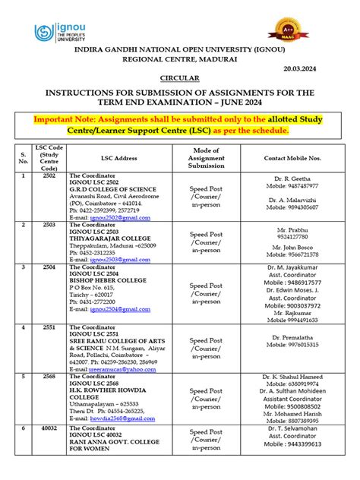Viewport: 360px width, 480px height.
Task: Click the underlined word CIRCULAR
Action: tap(180, 78)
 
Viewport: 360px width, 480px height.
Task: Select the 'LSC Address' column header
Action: tap(115, 159)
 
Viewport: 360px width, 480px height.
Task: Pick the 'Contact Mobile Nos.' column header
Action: tap(293, 159)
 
